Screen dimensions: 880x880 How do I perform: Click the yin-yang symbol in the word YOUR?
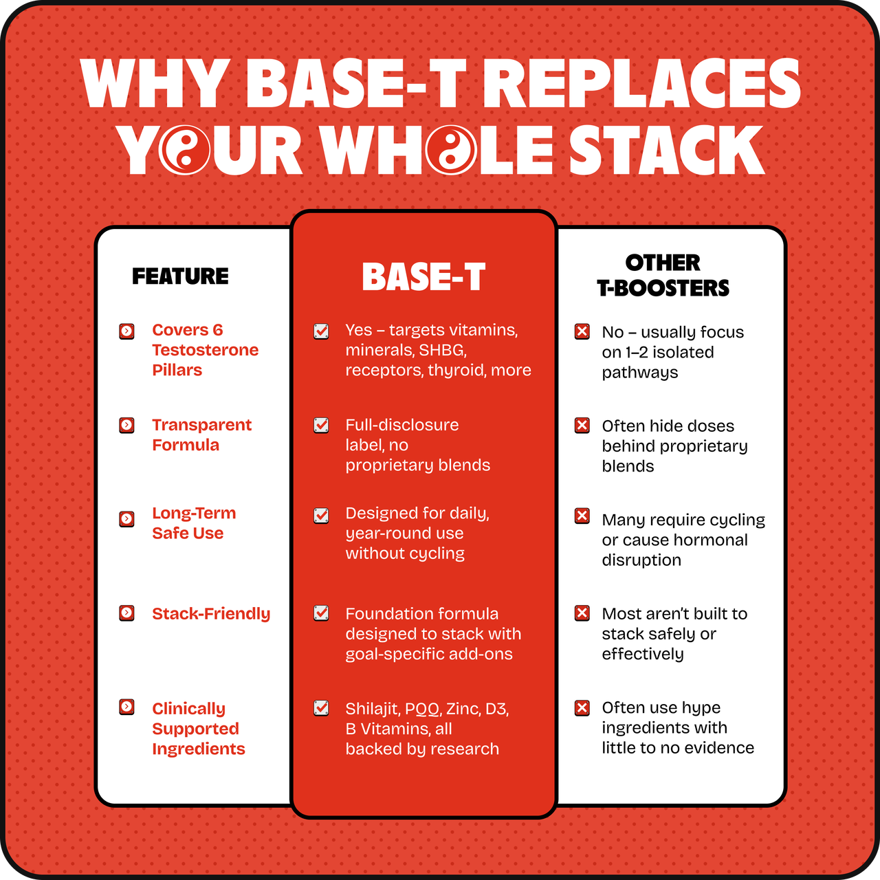click(184, 150)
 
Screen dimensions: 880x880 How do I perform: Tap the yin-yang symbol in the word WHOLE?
click(451, 150)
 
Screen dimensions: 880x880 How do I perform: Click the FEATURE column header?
click(180, 276)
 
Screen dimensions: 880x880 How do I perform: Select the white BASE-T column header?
click(423, 276)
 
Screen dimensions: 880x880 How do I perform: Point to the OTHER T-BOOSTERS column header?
click(663, 276)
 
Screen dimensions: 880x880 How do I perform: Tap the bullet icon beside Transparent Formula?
click(126, 425)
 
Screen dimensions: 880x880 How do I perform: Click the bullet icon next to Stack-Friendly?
click(126, 613)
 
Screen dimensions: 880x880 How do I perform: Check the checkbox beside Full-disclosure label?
click(321, 425)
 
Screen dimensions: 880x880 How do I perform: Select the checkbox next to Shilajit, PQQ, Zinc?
click(321, 708)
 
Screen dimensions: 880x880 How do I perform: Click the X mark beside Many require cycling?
click(582, 516)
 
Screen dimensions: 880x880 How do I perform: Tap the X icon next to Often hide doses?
click(582, 425)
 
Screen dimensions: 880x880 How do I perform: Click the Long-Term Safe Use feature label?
click(194, 523)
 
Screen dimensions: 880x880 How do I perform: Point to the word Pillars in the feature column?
click(177, 370)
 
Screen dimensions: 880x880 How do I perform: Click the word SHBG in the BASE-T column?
click(442, 350)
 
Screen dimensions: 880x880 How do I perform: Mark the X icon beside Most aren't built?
click(582, 613)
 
